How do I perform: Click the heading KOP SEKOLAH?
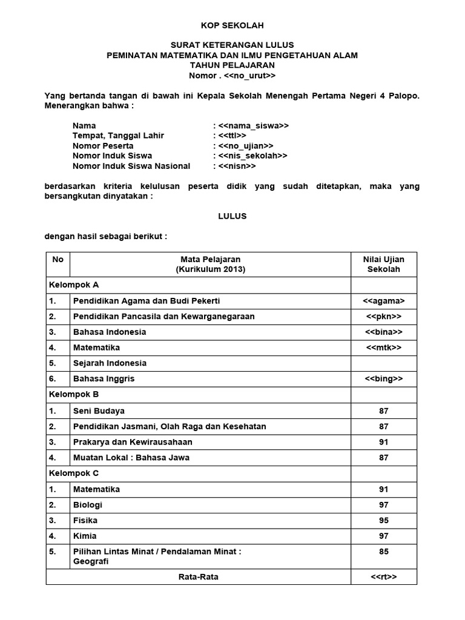[x=232, y=25]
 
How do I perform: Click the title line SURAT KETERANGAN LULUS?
[x=232, y=45]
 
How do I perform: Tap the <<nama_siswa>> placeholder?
[x=254, y=126]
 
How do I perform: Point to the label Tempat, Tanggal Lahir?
[x=118, y=136]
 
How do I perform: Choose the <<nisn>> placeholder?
[x=237, y=166]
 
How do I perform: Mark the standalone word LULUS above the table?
[x=232, y=216]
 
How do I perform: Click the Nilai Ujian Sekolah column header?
[x=383, y=264]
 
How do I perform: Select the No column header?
[x=58, y=259]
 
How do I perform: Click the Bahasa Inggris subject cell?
[x=104, y=379]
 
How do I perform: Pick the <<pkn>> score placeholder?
[x=383, y=317]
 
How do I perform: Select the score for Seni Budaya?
[x=383, y=411]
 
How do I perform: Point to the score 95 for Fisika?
[x=383, y=521]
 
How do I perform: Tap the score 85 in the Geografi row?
[x=383, y=552]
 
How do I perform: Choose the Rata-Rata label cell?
[x=198, y=577]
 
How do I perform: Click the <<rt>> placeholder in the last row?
[x=383, y=577]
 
